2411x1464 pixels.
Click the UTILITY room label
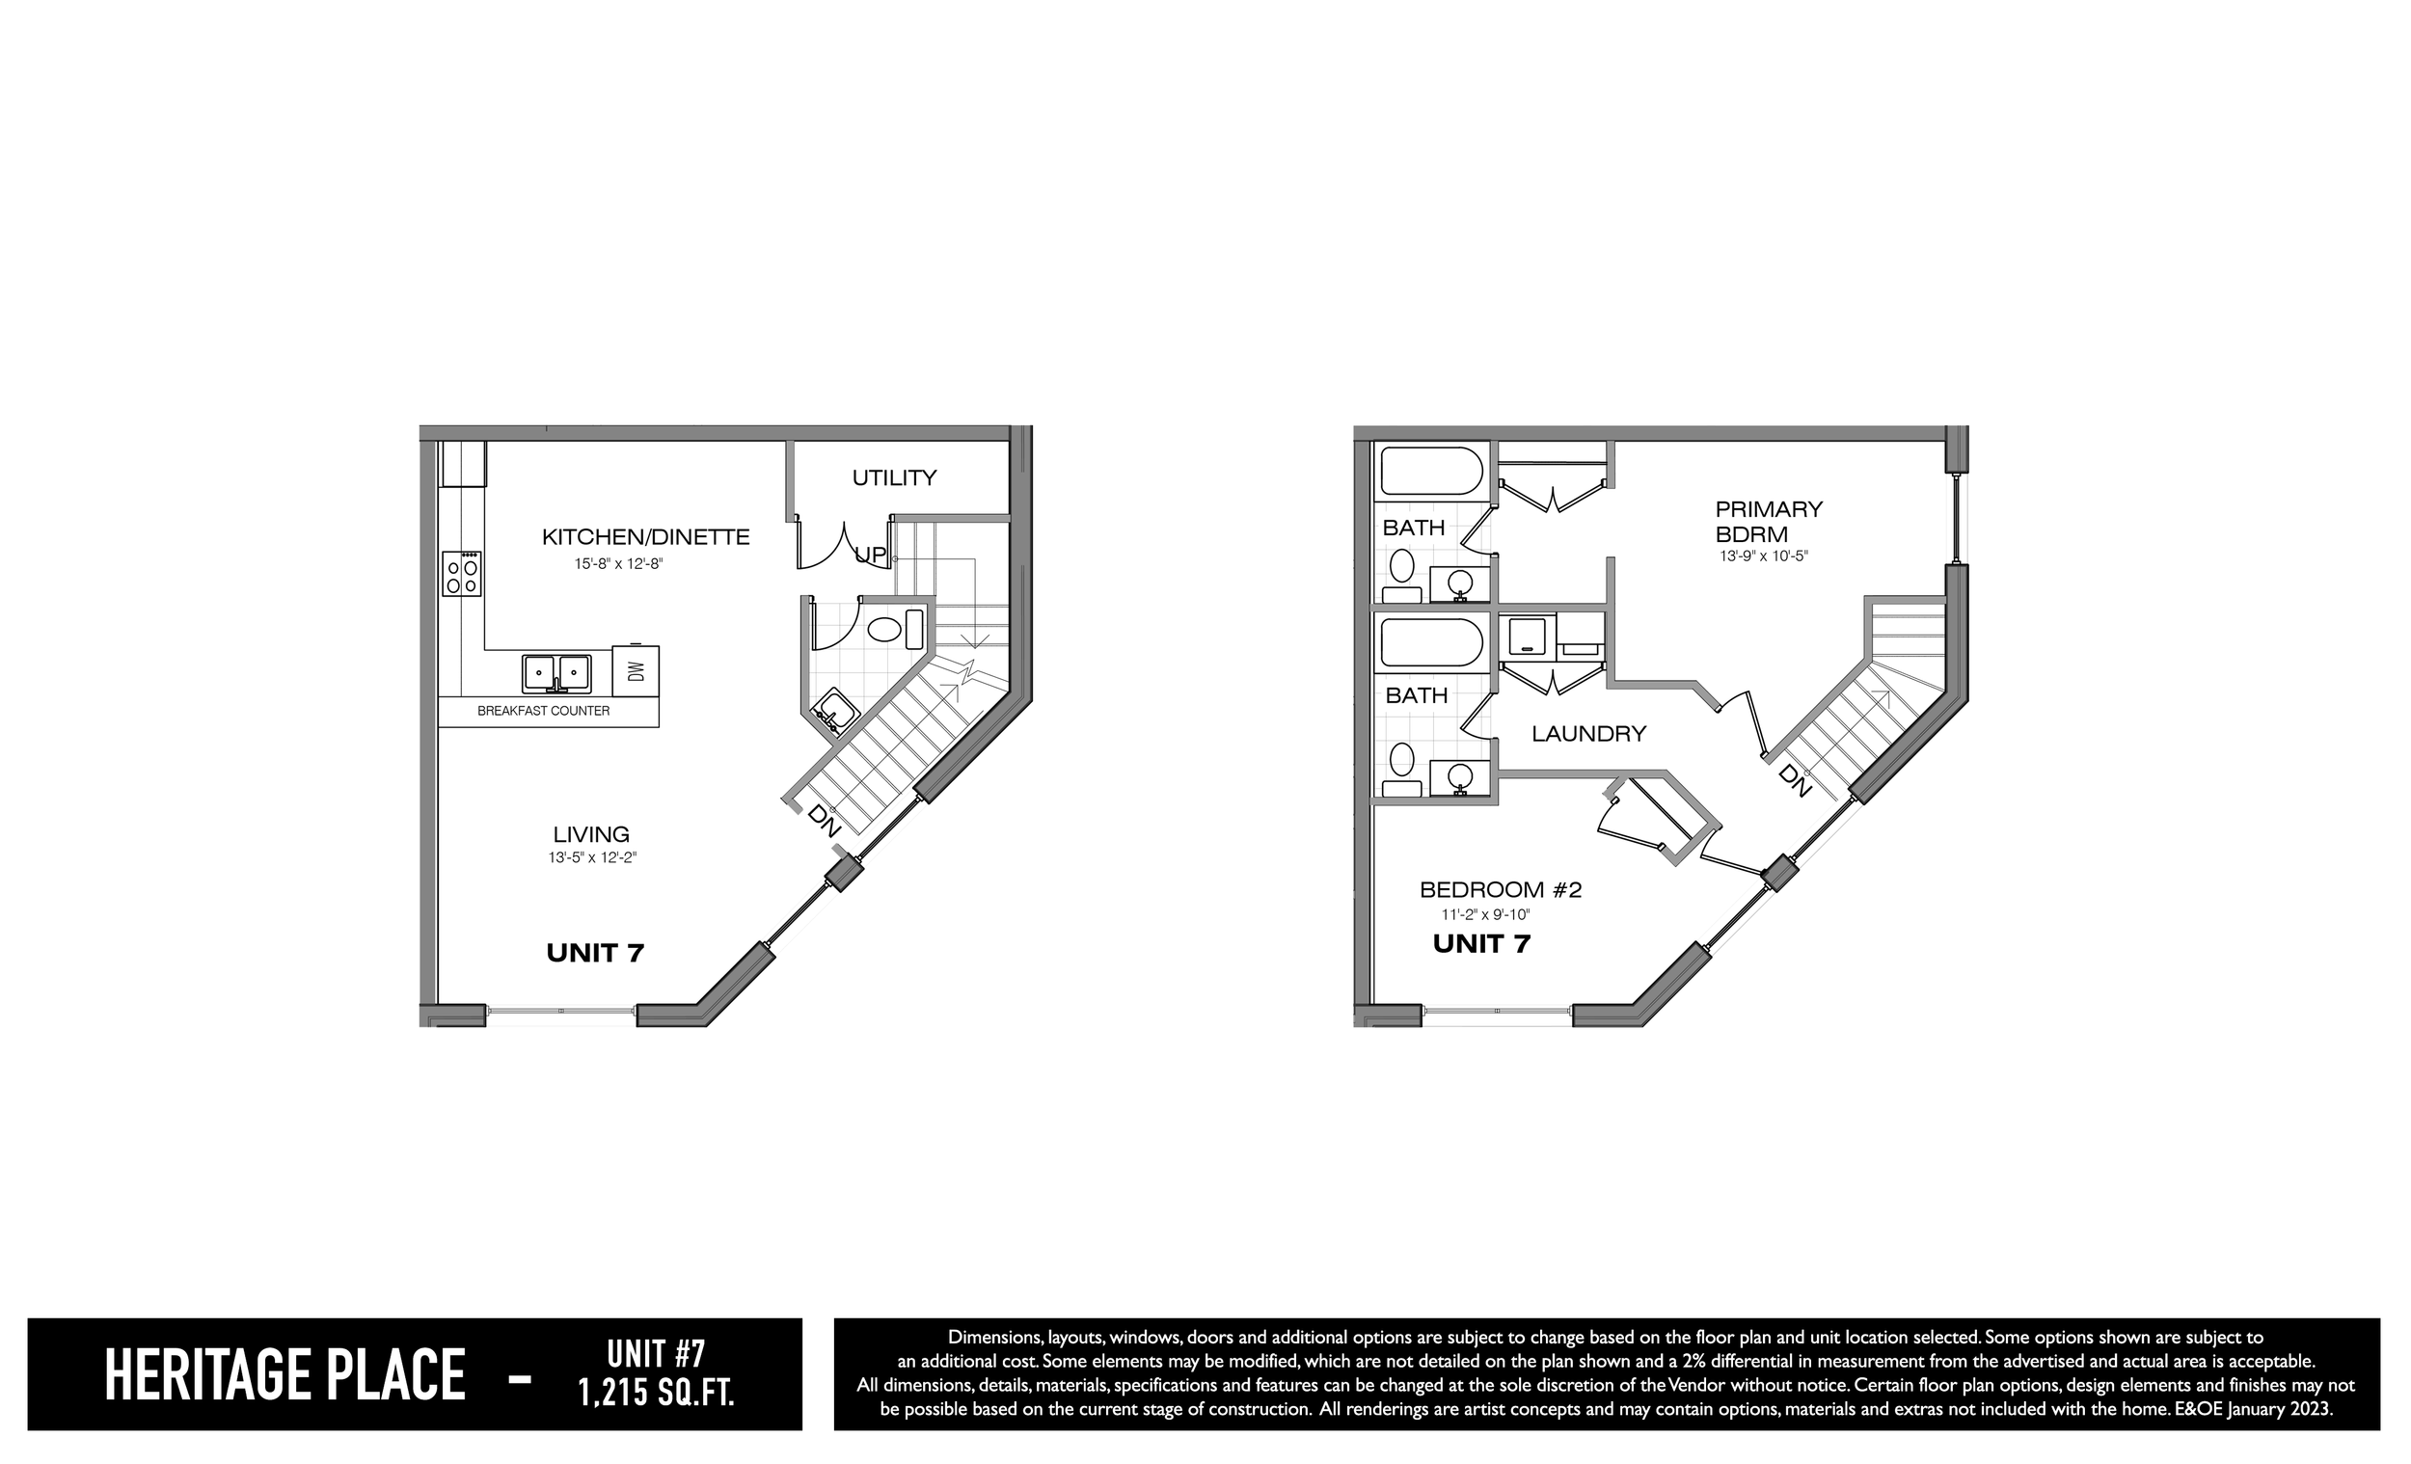point(894,477)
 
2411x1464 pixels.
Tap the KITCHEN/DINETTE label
point(646,536)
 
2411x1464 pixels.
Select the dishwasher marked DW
point(636,670)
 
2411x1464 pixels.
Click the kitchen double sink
point(555,672)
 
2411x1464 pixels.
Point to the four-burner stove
point(463,574)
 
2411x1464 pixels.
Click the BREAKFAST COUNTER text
point(543,711)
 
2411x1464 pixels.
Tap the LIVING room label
point(591,835)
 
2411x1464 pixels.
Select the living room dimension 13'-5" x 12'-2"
point(593,857)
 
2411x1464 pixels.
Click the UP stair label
point(871,555)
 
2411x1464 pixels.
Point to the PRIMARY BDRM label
point(1768,522)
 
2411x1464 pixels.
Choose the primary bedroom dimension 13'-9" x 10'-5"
point(1764,556)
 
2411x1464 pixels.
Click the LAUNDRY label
point(1589,733)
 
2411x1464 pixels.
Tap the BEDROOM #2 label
point(1501,889)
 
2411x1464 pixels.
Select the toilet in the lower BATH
point(1402,768)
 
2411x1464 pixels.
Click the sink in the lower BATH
point(1460,778)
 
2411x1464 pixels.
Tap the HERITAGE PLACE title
point(284,1375)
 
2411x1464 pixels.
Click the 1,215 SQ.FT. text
point(656,1393)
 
